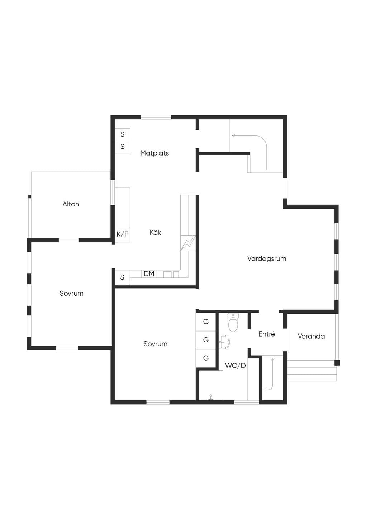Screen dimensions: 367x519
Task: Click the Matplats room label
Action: pos(154,153)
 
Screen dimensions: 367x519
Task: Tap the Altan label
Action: pos(71,204)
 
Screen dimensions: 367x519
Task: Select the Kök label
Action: pos(155,232)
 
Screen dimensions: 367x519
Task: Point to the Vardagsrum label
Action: pos(266,258)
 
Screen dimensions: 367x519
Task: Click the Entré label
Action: pos(266,334)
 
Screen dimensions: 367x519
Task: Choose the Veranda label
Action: pos(311,336)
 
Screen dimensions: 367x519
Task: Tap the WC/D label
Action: pos(235,366)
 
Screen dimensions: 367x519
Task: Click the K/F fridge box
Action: pos(122,234)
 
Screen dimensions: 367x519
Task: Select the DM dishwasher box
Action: pos(149,273)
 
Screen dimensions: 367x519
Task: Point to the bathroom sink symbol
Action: pos(224,342)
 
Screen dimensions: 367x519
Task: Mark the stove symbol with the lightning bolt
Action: pos(188,243)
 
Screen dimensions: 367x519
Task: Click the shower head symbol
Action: pos(210,397)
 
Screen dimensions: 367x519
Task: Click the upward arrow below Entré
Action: pos(271,373)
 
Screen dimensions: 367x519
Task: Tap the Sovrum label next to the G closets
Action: pos(155,344)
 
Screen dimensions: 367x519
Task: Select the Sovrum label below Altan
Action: pos(71,293)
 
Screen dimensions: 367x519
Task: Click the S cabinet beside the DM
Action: pos(122,277)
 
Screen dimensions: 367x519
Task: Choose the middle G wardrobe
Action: pos(206,340)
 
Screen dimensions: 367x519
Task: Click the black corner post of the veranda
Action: pos(337,363)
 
